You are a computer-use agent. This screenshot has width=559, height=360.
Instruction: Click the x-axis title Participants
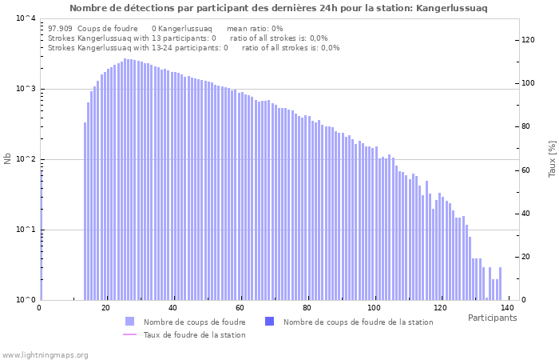pos(492,318)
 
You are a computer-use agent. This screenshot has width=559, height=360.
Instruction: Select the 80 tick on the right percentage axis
pos(528,126)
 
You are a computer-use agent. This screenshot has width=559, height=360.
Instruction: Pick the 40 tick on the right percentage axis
pos(528,214)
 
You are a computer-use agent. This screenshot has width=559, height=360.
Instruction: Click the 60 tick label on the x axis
pos(240,308)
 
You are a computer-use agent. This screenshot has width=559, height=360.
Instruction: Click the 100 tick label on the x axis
pos(373,308)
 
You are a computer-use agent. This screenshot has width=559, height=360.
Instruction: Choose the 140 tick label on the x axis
pos(506,308)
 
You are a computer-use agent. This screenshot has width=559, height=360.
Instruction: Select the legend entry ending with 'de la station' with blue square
pos(358,322)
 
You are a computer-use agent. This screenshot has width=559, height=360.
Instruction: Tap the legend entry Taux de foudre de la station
pos(194,334)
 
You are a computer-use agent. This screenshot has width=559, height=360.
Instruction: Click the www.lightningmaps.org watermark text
pos(46,354)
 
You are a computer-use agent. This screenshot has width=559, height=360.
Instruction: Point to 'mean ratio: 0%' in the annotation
pos(255,28)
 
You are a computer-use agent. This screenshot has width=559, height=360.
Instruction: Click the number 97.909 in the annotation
pos(60,28)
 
